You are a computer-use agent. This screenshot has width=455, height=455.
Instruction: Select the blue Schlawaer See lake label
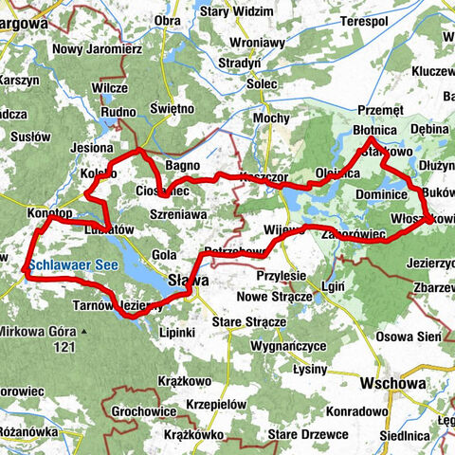point(73,266)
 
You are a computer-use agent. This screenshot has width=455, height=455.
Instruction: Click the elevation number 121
point(64,348)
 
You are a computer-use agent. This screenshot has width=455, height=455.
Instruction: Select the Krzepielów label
point(220,404)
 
